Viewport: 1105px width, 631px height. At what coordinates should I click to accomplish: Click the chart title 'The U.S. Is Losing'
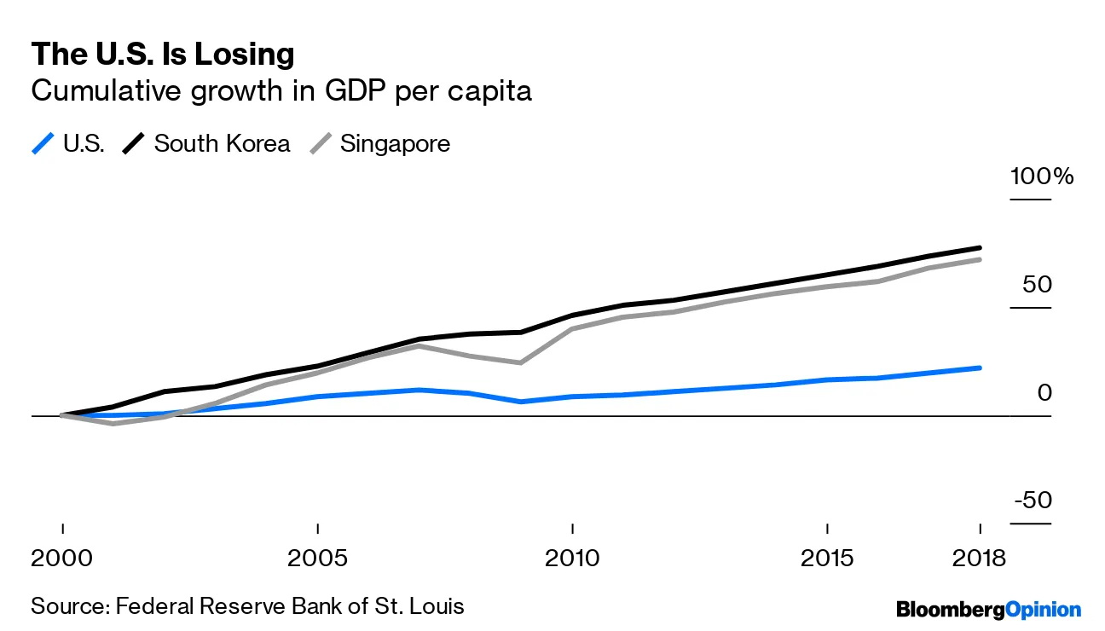coord(162,55)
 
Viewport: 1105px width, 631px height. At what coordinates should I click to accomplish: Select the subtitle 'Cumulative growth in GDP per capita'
coord(281,90)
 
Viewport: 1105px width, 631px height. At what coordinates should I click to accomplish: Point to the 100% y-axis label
coord(1042,177)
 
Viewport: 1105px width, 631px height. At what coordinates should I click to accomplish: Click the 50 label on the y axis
coord(1038,285)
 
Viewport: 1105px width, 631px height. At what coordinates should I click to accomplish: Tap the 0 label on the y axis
coord(1045,393)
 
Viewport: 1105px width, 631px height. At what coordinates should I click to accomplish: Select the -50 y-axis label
coord(1033,501)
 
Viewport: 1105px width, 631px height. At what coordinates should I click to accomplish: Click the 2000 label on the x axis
coord(62,559)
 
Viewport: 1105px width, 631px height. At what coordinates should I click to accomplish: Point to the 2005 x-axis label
coord(317,559)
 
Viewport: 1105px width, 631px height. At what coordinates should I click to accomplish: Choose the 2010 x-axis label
coord(571,559)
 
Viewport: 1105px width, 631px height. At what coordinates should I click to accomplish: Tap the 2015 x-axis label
coord(826,559)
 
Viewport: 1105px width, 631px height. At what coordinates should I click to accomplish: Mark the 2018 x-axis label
coord(978,559)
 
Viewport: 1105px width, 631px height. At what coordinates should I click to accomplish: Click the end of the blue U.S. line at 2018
coord(980,368)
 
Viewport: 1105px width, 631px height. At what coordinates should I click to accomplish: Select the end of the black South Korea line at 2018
coord(980,247)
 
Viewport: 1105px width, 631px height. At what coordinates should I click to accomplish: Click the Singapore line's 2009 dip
coord(521,363)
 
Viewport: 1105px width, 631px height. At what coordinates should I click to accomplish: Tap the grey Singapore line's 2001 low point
coord(113,424)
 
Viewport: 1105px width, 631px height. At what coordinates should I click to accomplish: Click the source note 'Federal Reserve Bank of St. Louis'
coord(290,606)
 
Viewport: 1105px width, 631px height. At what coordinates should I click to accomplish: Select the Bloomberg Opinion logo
coord(988,609)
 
